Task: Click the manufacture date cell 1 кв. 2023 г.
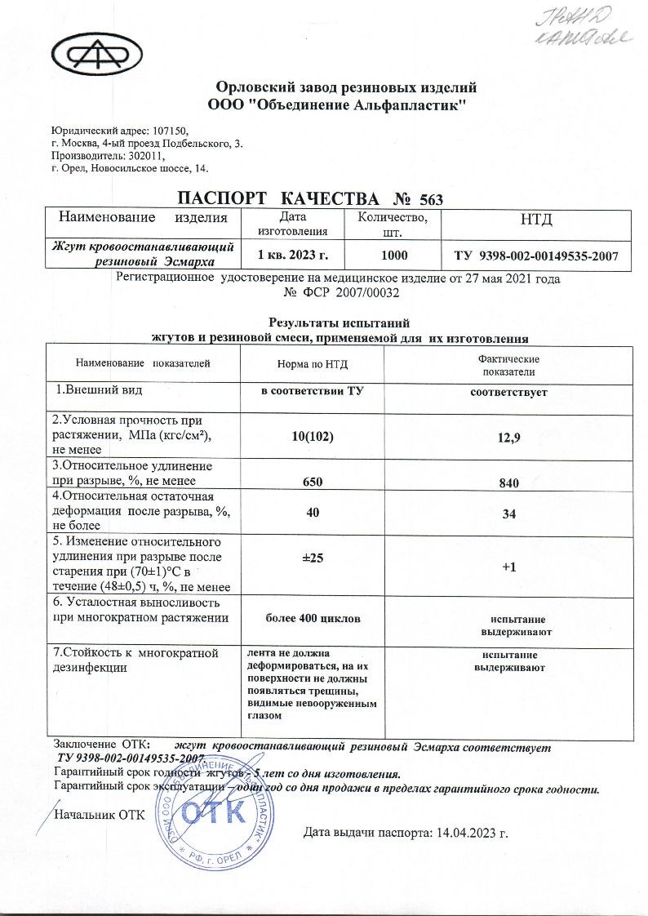click(x=292, y=256)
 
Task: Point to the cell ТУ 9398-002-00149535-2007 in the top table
click(x=535, y=256)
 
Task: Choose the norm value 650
click(x=312, y=482)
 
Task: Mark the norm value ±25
click(x=313, y=558)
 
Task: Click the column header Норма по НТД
click(x=311, y=364)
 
